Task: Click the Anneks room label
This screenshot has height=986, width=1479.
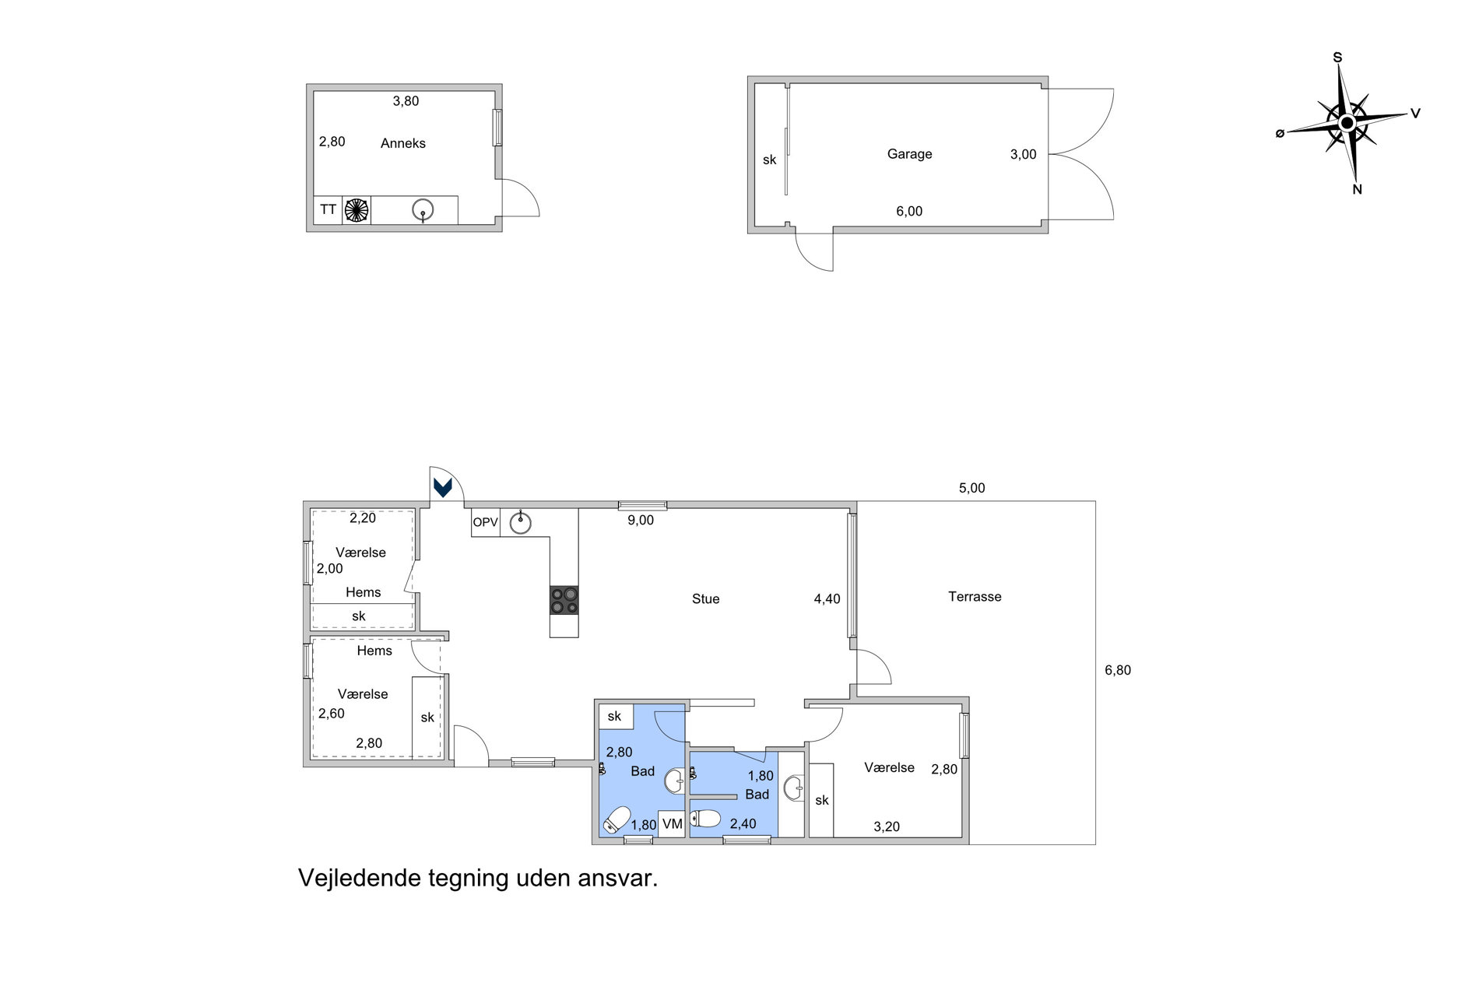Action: point(403,143)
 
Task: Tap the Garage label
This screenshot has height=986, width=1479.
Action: point(909,154)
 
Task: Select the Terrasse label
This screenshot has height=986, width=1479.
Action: point(975,597)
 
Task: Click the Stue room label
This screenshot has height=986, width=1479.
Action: point(705,599)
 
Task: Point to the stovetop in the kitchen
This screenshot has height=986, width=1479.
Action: point(564,600)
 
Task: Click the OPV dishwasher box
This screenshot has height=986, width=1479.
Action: point(486,522)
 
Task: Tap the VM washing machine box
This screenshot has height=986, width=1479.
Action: point(672,824)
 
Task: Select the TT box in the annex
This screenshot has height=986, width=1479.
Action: point(328,210)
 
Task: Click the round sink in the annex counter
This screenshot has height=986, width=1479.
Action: point(423,210)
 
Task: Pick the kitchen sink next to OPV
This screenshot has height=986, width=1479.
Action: point(520,522)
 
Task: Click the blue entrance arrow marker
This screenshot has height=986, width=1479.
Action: point(443,487)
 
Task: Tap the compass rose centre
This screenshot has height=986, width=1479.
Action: point(1347,123)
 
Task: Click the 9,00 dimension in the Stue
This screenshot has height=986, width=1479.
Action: point(641,521)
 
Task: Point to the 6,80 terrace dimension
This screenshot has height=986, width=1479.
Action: point(1118,670)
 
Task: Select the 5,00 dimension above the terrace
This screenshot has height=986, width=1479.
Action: point(971,488)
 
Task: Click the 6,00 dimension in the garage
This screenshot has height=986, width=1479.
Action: point(909,211)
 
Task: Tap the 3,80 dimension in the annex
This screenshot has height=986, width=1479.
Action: point(406,101)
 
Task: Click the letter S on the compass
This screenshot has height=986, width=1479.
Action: point(1337,58)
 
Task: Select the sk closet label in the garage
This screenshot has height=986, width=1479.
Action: point(769,160)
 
